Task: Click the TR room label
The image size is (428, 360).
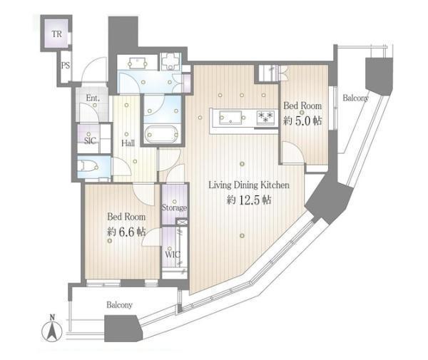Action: pyautogui.click(x=57, y=34)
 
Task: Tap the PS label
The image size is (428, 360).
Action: pyautogui.click(x=65, y=66)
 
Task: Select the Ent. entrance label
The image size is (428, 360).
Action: pyautogui.click(x=93, y=98)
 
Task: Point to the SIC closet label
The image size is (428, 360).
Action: pyautogui.click(x=90, y=140)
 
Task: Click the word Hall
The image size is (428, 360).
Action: pyautogui.click(x=128, y=143)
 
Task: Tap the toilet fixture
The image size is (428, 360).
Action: pyautogui.click(x=88, y=166)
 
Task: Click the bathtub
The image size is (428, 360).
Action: pyautogui.click(x=162, y=134)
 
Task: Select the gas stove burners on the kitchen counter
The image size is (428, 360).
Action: pyautogui.click(x=265, y=118)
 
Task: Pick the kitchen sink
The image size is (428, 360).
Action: pyautogui.click(x=231, y=118)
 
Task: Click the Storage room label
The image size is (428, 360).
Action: pyautogui.click(x=174, y=208)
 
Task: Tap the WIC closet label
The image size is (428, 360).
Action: pyautogui.click(x=173, y=254)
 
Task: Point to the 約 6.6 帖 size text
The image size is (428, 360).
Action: pyautogui.click(x=126, y=232)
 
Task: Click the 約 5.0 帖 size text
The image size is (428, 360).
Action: pyautogui.click(x=302, y=120)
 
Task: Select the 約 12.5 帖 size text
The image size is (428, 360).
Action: pyautogui.click(x=249, y=200)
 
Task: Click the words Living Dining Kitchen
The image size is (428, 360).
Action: pyautogui.click(x=249, y=185)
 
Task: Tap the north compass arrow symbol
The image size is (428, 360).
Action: pyautogui.click(x=52, y=331)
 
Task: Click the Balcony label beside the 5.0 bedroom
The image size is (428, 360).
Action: pyautogui.click(x=356, y=98)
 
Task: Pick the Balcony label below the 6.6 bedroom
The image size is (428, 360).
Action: pyautogui.click(x=120, y=304)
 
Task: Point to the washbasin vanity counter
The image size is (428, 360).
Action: pyautogui.click(x=138, y=62)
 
